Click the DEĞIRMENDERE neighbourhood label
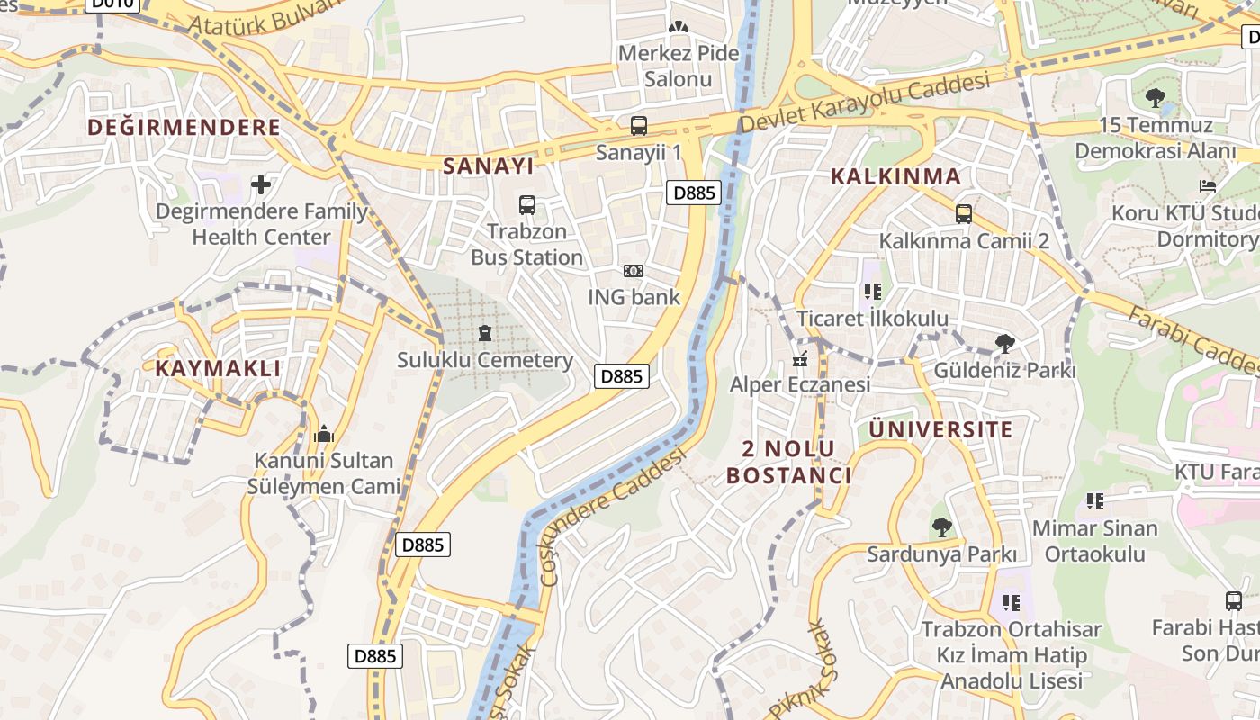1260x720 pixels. (184, 127)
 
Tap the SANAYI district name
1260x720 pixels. (489, 166)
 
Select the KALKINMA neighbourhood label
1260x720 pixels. (896, 176)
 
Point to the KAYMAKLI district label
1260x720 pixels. (218, 368)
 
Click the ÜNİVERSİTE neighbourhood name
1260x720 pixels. (940, 429)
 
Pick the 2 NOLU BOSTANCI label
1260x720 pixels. (788, 462)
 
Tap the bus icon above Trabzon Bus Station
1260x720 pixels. (527, 205)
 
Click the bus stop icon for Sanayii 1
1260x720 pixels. (638, 126)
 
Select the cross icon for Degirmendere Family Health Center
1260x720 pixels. (261, 184)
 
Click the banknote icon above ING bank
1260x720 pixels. (634, 271)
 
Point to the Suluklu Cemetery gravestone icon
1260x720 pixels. (485, 334)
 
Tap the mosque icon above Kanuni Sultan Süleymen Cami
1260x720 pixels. (323, 435)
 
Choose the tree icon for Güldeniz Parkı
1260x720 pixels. (1004, 344)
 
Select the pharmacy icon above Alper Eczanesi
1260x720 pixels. (799, 359)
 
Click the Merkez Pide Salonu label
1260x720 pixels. (679, 66)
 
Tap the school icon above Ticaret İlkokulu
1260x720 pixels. (871, 292)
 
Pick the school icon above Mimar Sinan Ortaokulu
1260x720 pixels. (1094, 500)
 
